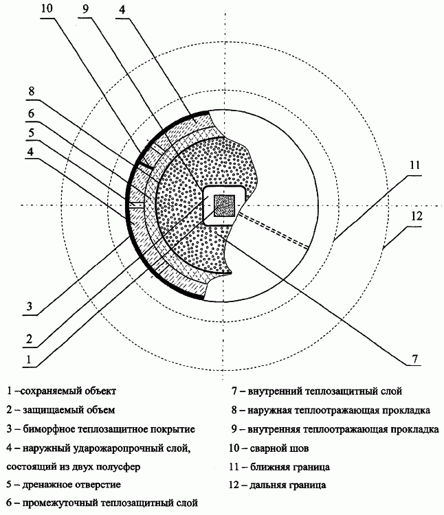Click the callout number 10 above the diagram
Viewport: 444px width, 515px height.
pos(47,8)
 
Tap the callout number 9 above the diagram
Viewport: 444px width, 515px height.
pos(85,9)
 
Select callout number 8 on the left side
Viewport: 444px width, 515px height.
pos(31,91)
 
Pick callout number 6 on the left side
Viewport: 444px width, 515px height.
pos(31,113)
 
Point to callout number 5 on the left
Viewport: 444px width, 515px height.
pos(31,133)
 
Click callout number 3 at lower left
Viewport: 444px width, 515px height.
pos(30,306)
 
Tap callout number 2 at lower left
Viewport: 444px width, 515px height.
pos(30,339)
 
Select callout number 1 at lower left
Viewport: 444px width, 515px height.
pos(29,359)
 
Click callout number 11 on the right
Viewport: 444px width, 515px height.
pos(414,165)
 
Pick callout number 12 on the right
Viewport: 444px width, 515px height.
pos(416,216)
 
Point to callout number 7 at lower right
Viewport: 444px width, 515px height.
pos(415,358)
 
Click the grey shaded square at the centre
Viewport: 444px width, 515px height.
pos(225,206)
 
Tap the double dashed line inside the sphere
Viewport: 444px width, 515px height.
pos(274,231)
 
